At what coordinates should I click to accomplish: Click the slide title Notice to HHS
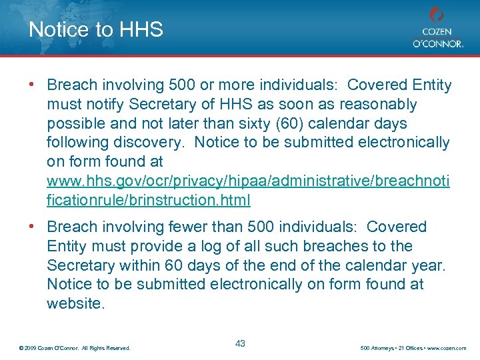coord(96,30)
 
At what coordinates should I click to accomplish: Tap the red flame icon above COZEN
coord(437,15)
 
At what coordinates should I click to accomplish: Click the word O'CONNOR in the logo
coord(437,44)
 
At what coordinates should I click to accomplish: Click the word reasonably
coord(379,105)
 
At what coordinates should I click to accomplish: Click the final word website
coord(75,303)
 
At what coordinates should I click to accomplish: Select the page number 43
coord(240,343)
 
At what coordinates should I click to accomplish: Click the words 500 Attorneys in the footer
coord(377,347)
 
